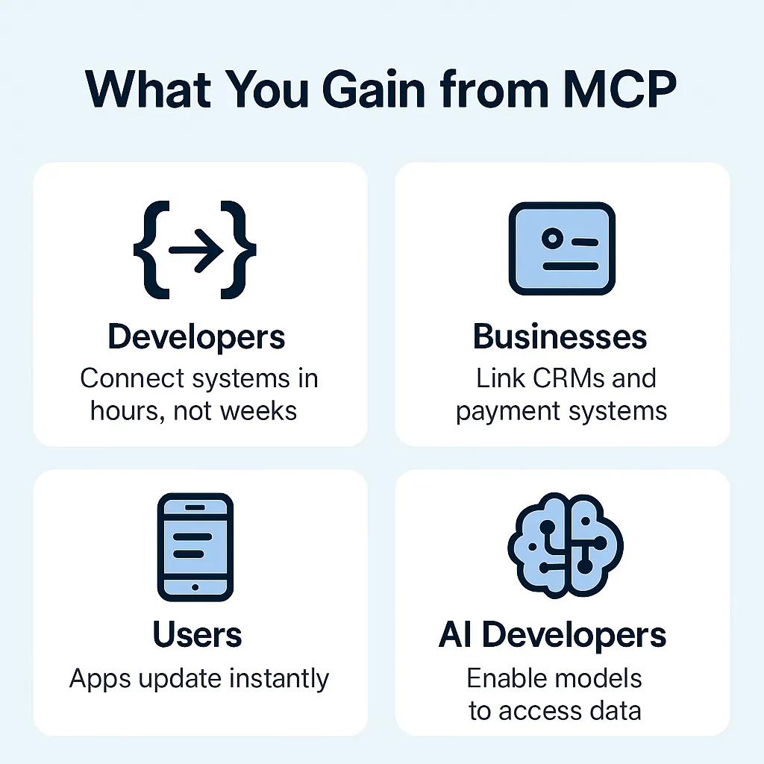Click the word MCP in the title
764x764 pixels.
point(619,90)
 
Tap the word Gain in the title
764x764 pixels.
point(373,90)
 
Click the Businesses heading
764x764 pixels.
point(560,336)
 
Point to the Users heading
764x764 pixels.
point(197,634)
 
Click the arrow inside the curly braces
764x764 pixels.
point(196,250)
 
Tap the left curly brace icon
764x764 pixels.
point(151,249)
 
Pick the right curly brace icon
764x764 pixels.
point(238,249)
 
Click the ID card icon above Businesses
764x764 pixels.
point(562,248)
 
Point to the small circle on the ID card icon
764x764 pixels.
point(553,238)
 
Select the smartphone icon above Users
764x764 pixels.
point(195,547)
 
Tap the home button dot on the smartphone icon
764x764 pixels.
point(195,587)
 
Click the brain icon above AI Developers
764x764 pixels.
point(566,545)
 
